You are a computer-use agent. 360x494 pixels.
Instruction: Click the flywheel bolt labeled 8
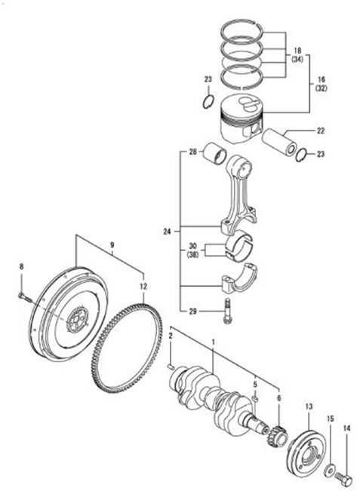tap(25, 297)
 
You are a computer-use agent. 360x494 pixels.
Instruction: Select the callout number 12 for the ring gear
tap(143, 287)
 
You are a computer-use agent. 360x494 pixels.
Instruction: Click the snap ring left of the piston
tap(209, 100)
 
